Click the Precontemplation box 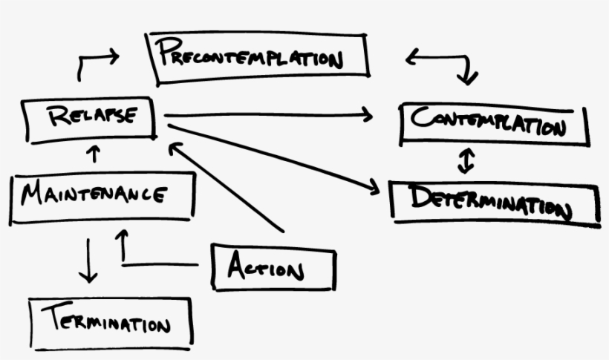258,56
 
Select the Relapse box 90,118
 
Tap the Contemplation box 493,124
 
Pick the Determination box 494,201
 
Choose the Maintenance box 103,195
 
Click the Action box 273,266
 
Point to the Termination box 111,323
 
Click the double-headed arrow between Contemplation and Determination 466,160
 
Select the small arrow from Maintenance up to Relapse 94,155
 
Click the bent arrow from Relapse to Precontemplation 93,62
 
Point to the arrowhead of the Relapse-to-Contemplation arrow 367,114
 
